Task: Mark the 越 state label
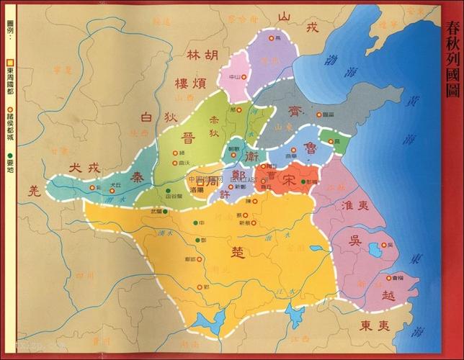click(x=388, y=295)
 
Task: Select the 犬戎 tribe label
click(x=81, y=168)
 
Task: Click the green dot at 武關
click(x=165, y=212)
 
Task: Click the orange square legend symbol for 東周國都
click(x=10, y=62)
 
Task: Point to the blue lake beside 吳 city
click(x=374, y=251)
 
